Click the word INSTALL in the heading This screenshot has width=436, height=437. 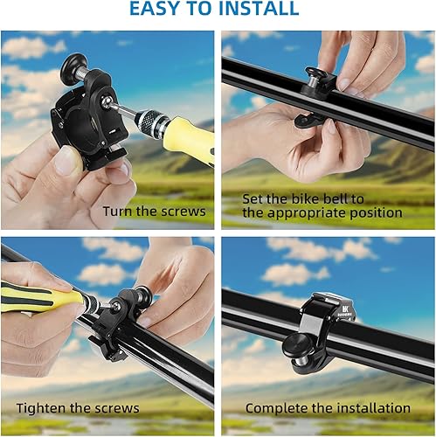[x=259, y=10]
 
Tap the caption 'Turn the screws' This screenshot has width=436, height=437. [x=154, y=211]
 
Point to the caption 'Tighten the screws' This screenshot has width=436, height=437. [x=77, y=408]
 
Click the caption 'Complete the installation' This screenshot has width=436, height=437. [x=328, y=408]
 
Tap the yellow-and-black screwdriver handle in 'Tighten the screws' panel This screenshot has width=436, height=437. [x=35, y=295]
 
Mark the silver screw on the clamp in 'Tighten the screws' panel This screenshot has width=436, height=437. [x=95, y=309]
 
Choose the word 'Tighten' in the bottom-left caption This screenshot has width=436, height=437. [x=42, y=408]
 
